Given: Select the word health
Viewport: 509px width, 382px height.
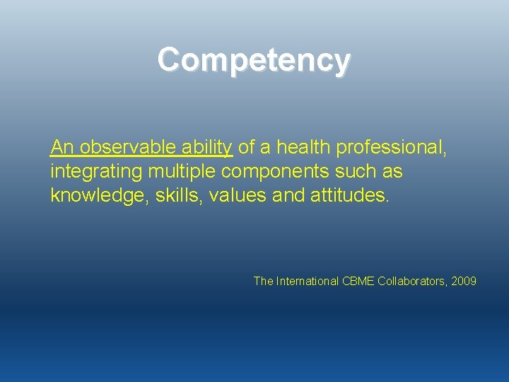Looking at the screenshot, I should (304, 147).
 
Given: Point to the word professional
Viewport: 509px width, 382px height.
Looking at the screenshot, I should (391, 147).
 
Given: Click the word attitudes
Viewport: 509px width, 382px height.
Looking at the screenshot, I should (349, 195).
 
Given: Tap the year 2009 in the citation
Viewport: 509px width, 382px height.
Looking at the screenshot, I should (464, 282).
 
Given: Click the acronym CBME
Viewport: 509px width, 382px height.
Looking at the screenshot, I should (358, 282).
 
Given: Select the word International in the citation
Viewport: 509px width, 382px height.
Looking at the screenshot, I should (307, 282).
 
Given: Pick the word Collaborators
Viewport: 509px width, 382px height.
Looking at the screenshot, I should (412, 282).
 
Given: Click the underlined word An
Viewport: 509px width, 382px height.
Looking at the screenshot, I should (62, 147).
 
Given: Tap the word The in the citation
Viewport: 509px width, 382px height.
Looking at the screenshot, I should (263, 282).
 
